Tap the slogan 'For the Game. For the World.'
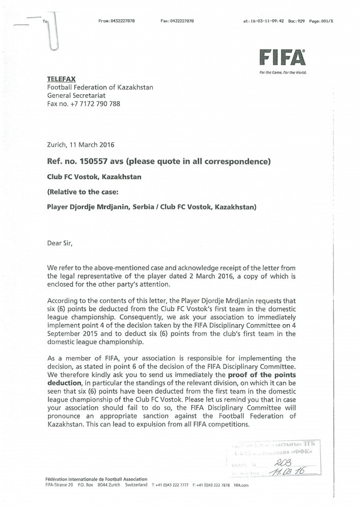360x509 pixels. (x=283, y=73)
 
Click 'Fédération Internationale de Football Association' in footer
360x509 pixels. (x=96, y=479)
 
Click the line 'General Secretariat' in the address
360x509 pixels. (x=77, y=96)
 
